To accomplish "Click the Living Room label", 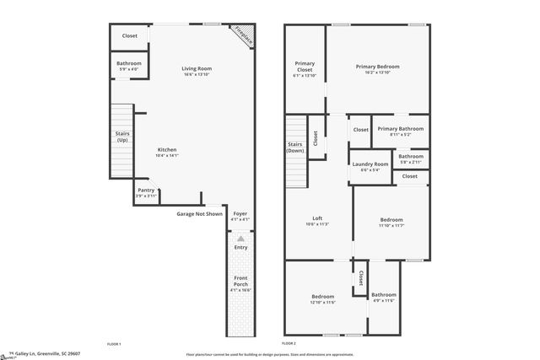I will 197,68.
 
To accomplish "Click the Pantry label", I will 146,191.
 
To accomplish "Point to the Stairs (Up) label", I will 122,137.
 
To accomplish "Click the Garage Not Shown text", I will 199,214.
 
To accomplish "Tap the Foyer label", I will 240,214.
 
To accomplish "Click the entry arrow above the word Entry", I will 240,239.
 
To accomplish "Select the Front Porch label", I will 240,282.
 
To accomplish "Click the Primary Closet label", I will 305,66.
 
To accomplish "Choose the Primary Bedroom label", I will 377,66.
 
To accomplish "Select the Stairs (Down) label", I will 296,148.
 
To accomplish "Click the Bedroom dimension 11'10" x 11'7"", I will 391,225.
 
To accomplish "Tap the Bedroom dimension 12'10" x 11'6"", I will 322,302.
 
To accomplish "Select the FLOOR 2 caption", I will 289,344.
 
